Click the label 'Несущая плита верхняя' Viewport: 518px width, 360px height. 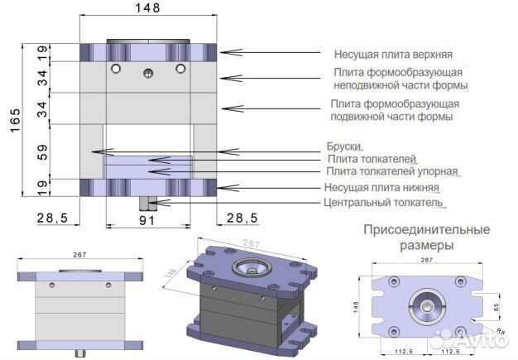coord(392,55)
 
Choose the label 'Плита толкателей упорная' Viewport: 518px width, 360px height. coord(392,171)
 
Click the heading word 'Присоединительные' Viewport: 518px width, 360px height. coord(425,229)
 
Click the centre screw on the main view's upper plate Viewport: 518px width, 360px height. coord(148,73)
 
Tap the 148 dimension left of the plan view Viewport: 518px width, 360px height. coord(357,307)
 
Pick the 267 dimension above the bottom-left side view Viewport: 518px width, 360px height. coord(80,255)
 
